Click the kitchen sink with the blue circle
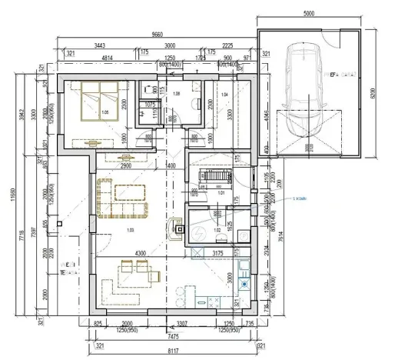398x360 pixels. coord(181,293)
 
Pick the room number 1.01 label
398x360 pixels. coord(221,193)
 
